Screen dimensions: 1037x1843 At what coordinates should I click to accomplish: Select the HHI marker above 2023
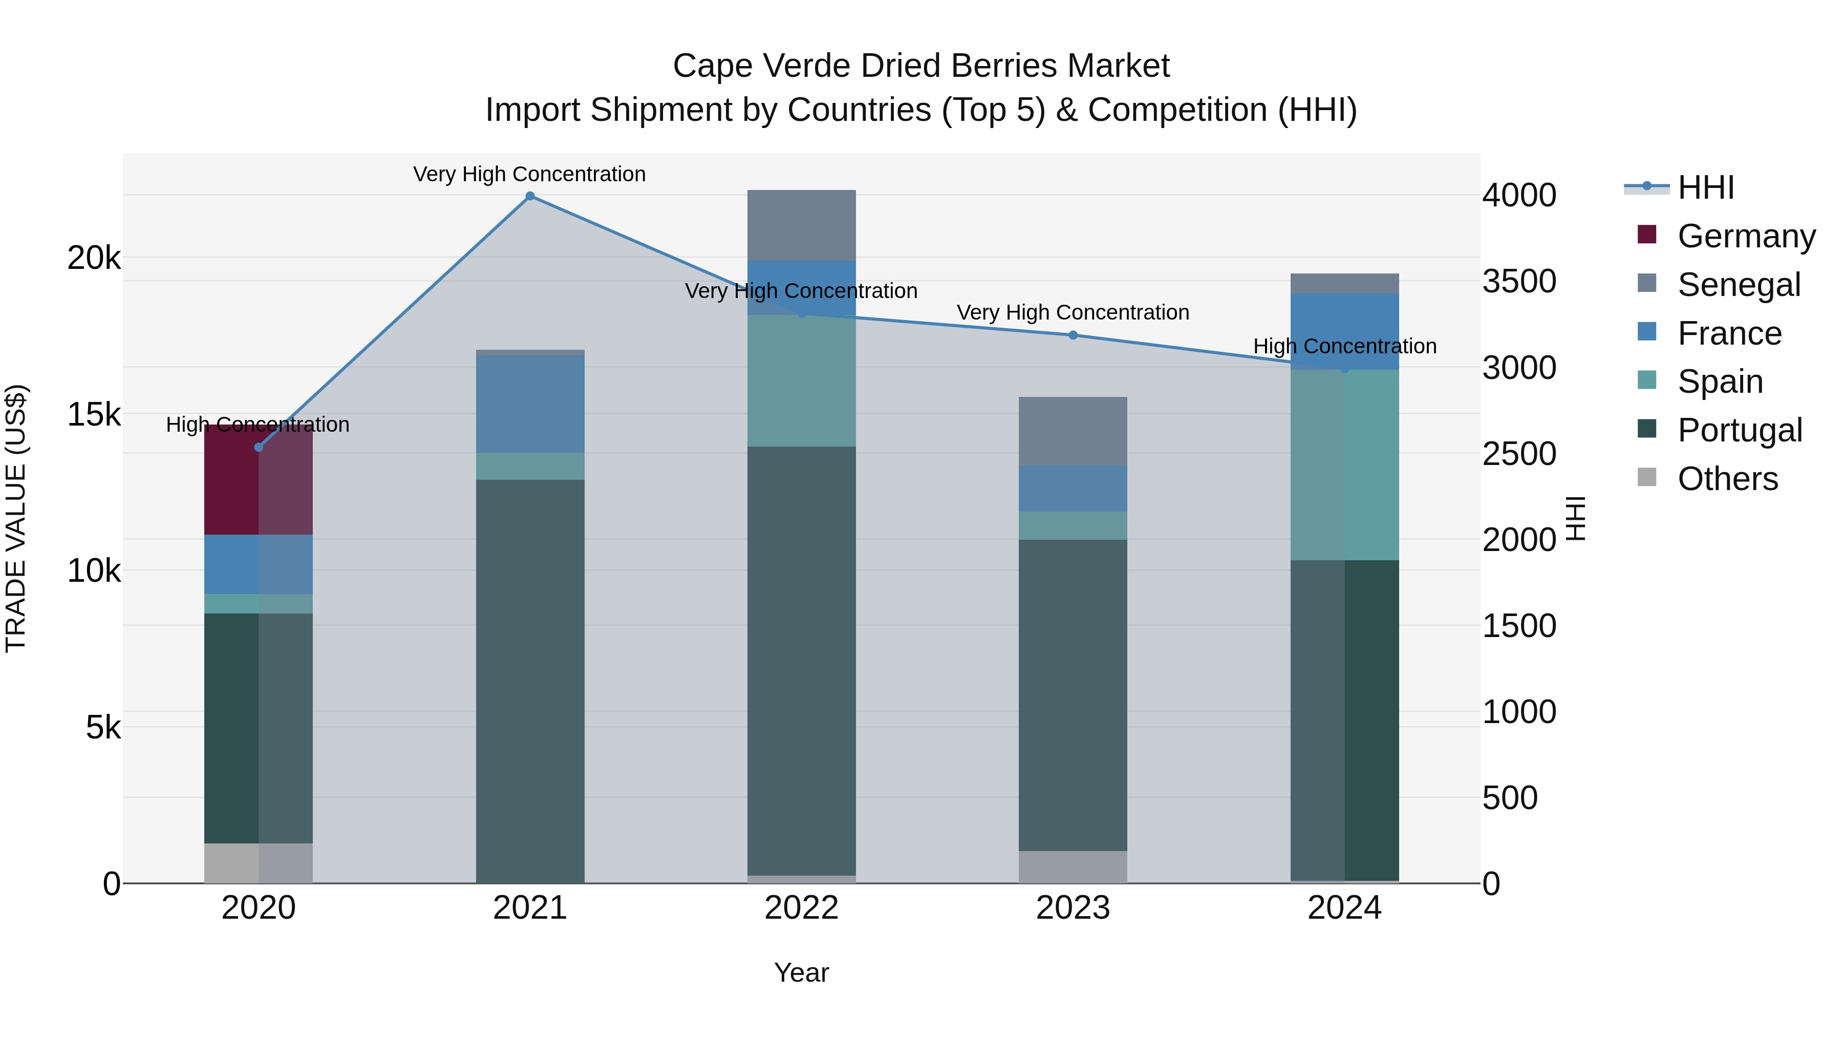click(x=1073, y=335)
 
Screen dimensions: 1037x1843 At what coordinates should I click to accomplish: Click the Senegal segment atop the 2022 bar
click(x=801, y=225)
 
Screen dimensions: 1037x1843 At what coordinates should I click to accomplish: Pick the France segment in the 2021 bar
click(x=530, y=405)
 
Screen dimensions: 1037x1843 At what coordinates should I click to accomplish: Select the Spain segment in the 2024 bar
click(x=1344, y=465)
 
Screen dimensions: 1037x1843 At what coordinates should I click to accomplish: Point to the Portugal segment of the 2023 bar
click(x=1073, y=694)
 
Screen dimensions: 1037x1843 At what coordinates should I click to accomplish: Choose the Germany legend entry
click(x=1746, y=236)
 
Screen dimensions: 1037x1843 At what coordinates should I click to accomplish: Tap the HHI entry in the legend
click(x=1706, y=187)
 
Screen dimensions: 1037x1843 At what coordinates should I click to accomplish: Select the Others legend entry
click(x=1727, y=479)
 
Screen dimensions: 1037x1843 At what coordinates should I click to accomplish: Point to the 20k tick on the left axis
click(x=94, y=258)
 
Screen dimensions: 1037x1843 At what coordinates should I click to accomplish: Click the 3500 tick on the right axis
click(x=1519, y=281)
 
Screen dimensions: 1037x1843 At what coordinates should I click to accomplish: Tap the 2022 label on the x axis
click(x=801, y=908)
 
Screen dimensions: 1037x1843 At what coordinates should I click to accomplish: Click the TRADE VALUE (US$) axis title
click(x=16, y=518)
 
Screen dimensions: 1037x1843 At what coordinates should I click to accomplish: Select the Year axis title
click(x=801, y=972)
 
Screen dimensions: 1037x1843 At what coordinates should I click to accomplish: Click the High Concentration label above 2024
click(x=1344, y=346)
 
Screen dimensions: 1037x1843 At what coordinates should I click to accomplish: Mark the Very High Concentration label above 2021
click(x=529, y=175)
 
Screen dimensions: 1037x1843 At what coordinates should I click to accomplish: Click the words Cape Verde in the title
click(x=762, y=66)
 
